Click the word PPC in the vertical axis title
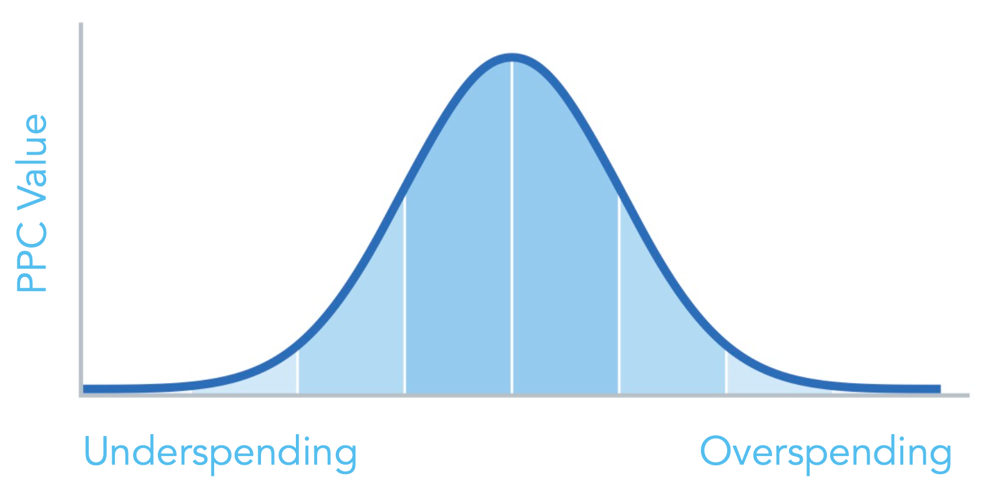tap(32, 258)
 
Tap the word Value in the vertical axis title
tap(32, 161)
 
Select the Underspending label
tap(220, 453)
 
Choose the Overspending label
tap(825, 453)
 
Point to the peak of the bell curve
tap(512, 57)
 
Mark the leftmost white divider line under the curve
tap(298, 372)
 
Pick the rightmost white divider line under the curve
tap(726, 372)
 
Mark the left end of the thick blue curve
tap(86, 389)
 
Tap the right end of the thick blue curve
tap(938, 389)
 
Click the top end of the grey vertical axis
tap(81, 25)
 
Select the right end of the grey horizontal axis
tap(967, 395)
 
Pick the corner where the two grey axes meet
tap(81, 395)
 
